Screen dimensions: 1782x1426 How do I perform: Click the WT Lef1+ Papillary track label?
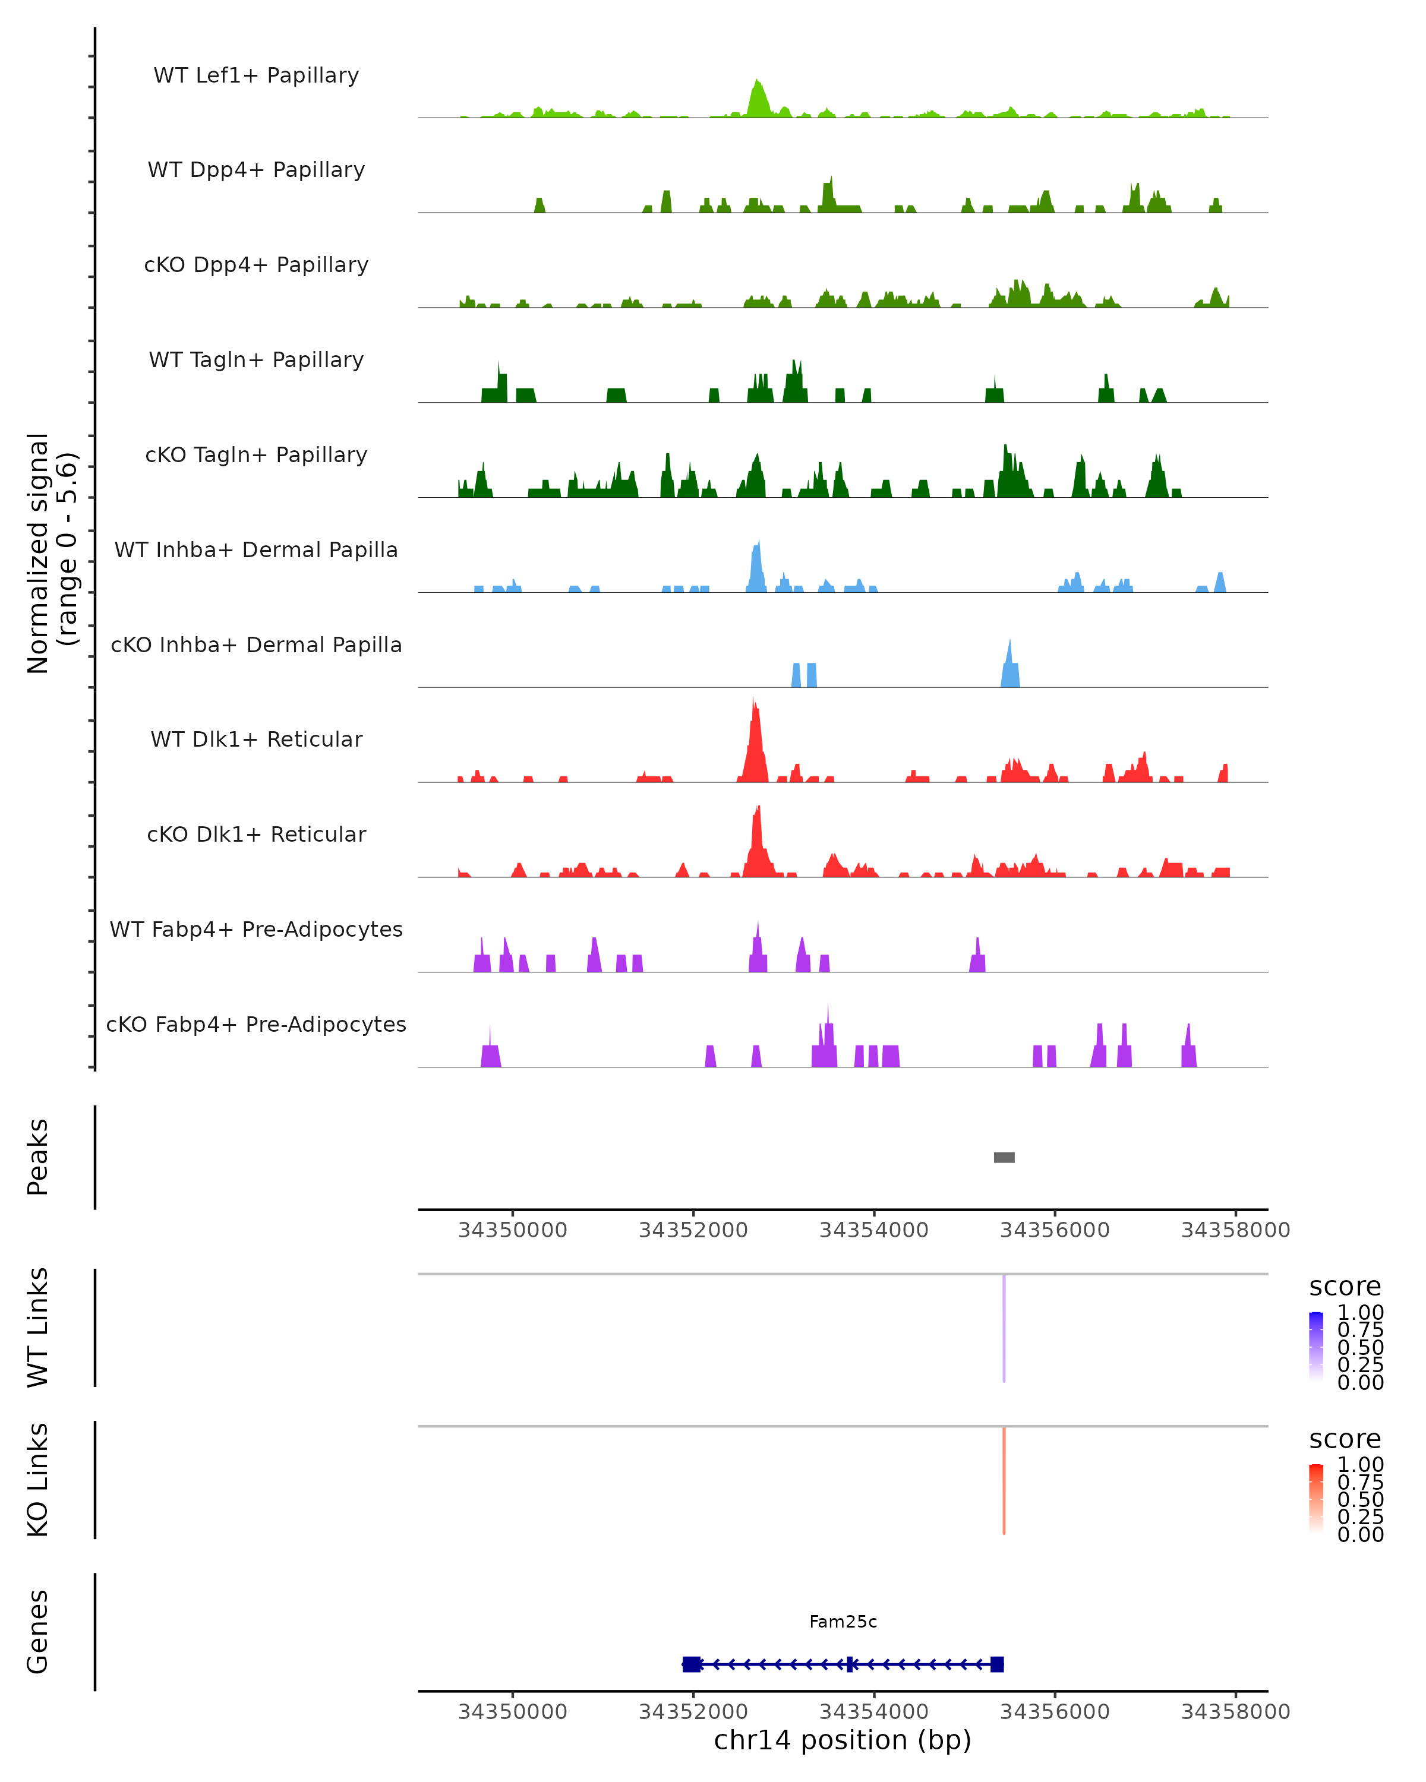tap(256, 75)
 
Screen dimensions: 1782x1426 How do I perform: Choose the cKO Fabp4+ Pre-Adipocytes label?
tap(256, 1024)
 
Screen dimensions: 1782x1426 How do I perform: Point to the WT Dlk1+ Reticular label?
tap(256, 739)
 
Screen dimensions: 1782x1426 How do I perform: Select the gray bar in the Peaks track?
tap(1004, 1157)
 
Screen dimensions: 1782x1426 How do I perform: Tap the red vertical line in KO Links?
tap(1004, 1480)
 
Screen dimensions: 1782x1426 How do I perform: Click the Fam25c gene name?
tap(843, 1622)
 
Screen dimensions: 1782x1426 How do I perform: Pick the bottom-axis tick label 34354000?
tap(874, 1712)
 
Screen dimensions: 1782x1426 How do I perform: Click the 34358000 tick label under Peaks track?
tap(1235, 1230)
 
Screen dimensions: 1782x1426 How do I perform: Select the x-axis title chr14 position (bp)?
tap(843, 1740)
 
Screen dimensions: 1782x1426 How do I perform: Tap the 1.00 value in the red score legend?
tap(1360, 1465)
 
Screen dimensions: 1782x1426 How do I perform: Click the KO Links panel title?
tap(38, 1480)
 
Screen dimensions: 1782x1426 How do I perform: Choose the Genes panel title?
tap(38, 1632)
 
